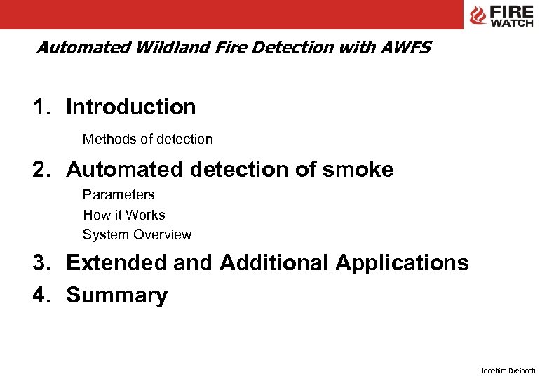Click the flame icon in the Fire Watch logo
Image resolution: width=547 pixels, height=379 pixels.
tap(478, 15)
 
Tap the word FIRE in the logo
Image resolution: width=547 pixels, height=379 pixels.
tap(511, 11)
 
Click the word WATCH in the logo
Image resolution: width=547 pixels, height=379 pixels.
tap(511, 23)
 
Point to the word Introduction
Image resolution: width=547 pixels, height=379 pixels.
tap(131, 107)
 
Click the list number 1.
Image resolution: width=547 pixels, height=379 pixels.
tap(40, 107)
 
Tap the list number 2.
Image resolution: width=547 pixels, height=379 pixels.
tap(40, 169)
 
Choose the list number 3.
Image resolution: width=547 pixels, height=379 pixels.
tap(40, 262)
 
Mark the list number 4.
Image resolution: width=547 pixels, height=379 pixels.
tap(40, 295)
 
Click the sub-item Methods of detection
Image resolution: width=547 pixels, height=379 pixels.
tap(147, 139)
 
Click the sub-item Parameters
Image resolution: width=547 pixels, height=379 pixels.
tap(119, 194)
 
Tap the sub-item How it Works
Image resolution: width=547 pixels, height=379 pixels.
tap(124, 215)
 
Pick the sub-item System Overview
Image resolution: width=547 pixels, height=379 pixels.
tap(137, 234)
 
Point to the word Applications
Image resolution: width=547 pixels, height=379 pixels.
tap(402, 262)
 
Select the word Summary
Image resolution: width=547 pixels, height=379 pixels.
tap(117, 295)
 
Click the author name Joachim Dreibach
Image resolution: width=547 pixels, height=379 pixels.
tap(508, 370)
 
